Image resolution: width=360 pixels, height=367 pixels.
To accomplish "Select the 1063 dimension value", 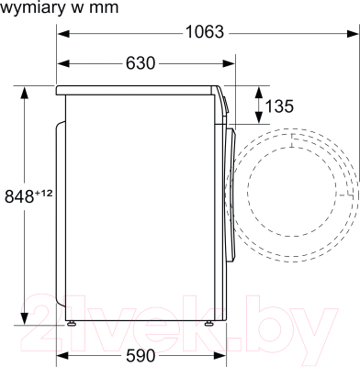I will click(x=204, y=32).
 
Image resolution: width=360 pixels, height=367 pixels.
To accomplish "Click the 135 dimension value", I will click(x=278, y=106).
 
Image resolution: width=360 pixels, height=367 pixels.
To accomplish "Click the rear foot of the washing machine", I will click(x=72, y=322).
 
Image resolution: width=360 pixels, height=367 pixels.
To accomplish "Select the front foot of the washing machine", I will click(x=210, y=322).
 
